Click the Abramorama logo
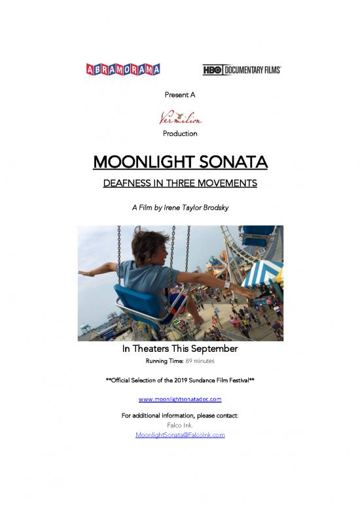pyautogui.click(x=123, y=69)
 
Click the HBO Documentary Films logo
pyautogui.click(x=242, y=69)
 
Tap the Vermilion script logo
pyautogui.click(x=180, y=118)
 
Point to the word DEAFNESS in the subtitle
pyautogui.click(x=128, y=183)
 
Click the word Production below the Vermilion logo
pyautogui.click(x=180, y=134)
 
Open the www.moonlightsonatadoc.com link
pyautogui.click(x=180, y=399)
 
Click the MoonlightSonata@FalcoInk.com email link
pyautogui.click(x=180, y=434)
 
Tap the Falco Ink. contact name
pyautogui.click(x=180, y=425)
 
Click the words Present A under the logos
pyautogui.click(x=180, y=94)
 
